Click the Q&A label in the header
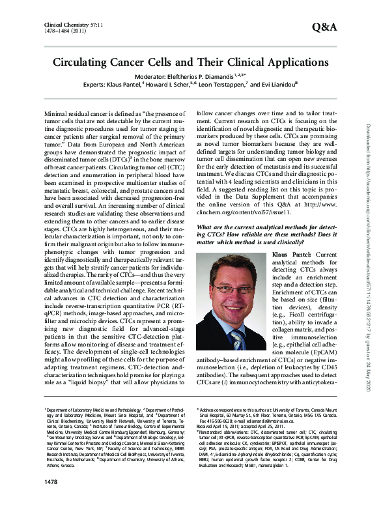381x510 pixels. (x=324, y=27)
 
